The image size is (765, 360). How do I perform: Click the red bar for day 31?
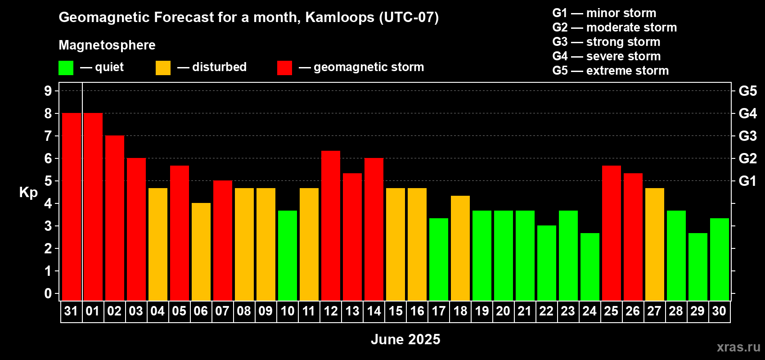tap(72, 207)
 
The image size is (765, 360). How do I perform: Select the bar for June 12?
tap(331, 226)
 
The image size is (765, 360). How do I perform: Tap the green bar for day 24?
tap(590, 267)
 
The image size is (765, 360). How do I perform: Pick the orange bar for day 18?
tap(460, 248)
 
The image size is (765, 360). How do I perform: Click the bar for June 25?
tap(611, 233)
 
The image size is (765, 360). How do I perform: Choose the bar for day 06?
tap(201, 252)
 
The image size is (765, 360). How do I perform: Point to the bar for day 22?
tap(547, 263)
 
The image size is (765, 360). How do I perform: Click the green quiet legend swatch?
tap(66, 67)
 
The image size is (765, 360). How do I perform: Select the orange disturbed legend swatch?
tap(163, 67)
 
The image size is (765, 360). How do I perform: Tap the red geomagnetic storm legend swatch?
tap(284, 67)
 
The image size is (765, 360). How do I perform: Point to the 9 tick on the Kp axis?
tap(48, 91)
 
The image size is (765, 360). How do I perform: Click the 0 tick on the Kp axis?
tap(48, 293)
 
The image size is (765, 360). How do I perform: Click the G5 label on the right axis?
tap(748, 91)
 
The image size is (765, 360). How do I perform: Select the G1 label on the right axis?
tap(748, 181)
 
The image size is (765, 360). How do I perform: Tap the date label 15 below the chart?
tap(396, 311)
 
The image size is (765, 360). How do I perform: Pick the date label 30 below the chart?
tap(719, 311)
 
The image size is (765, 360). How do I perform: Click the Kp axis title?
tap(28, 193)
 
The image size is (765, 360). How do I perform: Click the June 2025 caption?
tap(405, 339)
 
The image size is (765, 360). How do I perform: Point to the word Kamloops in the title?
tap(340, 17)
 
